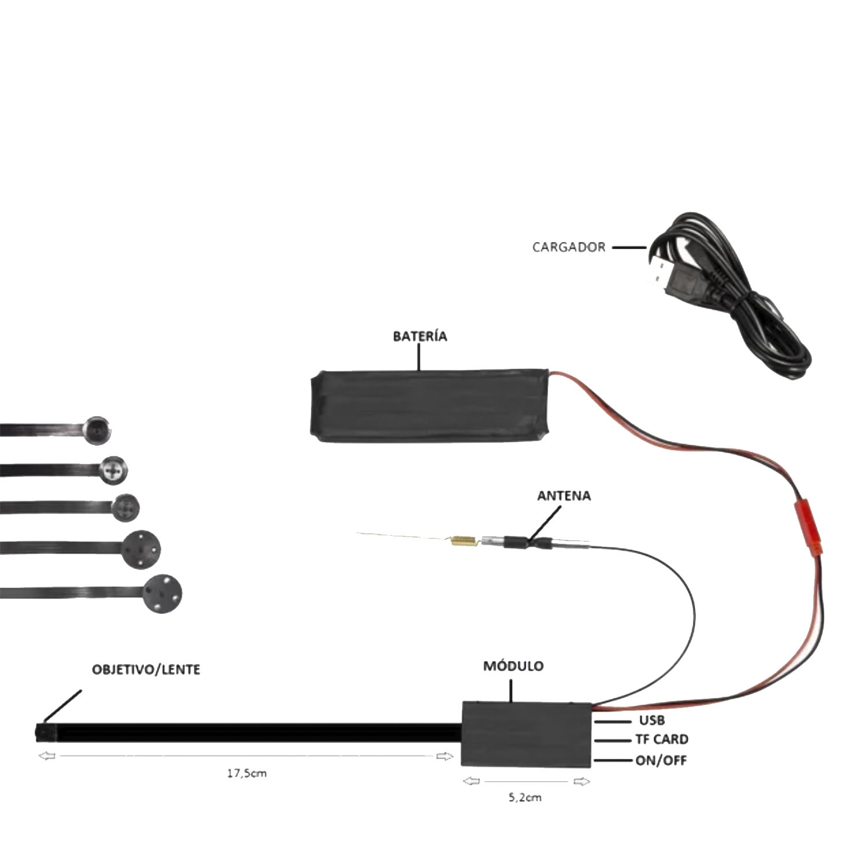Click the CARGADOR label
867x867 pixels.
click(x=569, y=247)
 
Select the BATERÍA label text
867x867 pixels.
click(x=420, y=336)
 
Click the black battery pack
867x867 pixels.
click(x=431, y=406)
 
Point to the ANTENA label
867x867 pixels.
click(x=564, y=496)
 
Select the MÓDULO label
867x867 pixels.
click(x=513, y=666)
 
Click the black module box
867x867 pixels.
click(x=527, y=734)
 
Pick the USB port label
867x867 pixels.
click(x=652, y=721)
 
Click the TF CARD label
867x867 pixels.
click(x=662, y=740)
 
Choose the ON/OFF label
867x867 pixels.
click(x=661, y=760)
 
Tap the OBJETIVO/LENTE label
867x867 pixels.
click(x=146, y=670)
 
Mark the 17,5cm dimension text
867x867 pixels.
click(x=247, y=773)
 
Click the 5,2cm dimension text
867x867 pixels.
click(x=525, y=798)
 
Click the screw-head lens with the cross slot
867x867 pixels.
click(x=114, y=469)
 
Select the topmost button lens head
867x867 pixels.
click(x=97, y=429)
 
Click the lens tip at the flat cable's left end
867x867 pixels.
click(x=46, y=733)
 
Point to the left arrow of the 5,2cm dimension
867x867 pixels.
click(x=472, y=781)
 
